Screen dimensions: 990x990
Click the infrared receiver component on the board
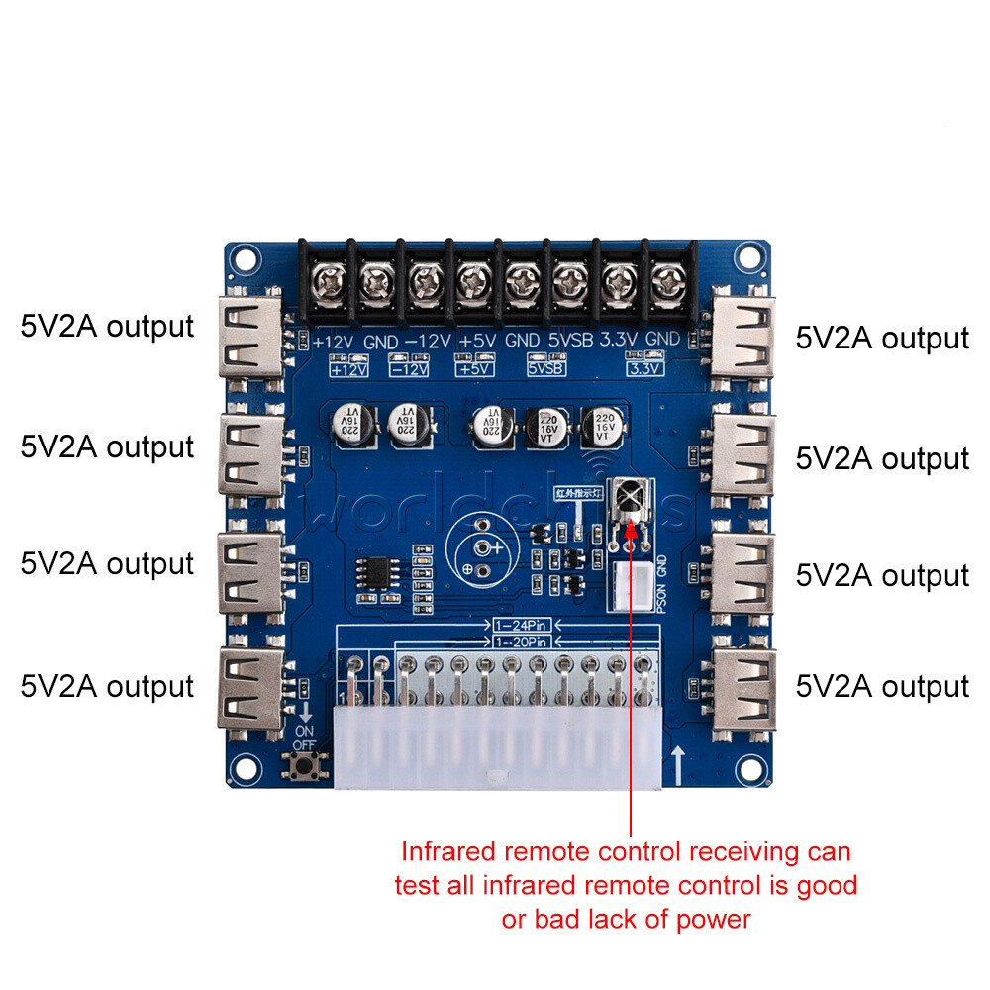pyautogui.click(x=630, y=498)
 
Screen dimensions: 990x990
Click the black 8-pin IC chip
pyautogui.click(x=376, y=571)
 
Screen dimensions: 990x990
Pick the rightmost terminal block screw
pyautogui.click(x=669, y=283)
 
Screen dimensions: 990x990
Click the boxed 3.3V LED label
pyautogui.click(x=644, y=368)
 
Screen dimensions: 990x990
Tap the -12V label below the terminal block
pyautogui.click(x=428, y=340)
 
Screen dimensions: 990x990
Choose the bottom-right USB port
pyautogui.click(x=744, y=685)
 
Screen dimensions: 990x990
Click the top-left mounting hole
pyautogui.click(x=242, y=260)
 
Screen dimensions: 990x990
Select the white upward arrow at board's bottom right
pyautogui.click(x=678, y=763)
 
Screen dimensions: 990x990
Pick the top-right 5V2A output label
pyautogui.click(x=882, y=338)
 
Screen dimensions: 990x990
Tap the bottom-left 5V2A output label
pyautogui.click(x=107, y=685)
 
